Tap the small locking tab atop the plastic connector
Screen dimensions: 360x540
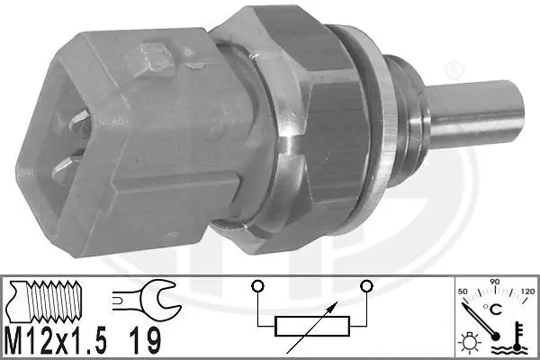145,64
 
